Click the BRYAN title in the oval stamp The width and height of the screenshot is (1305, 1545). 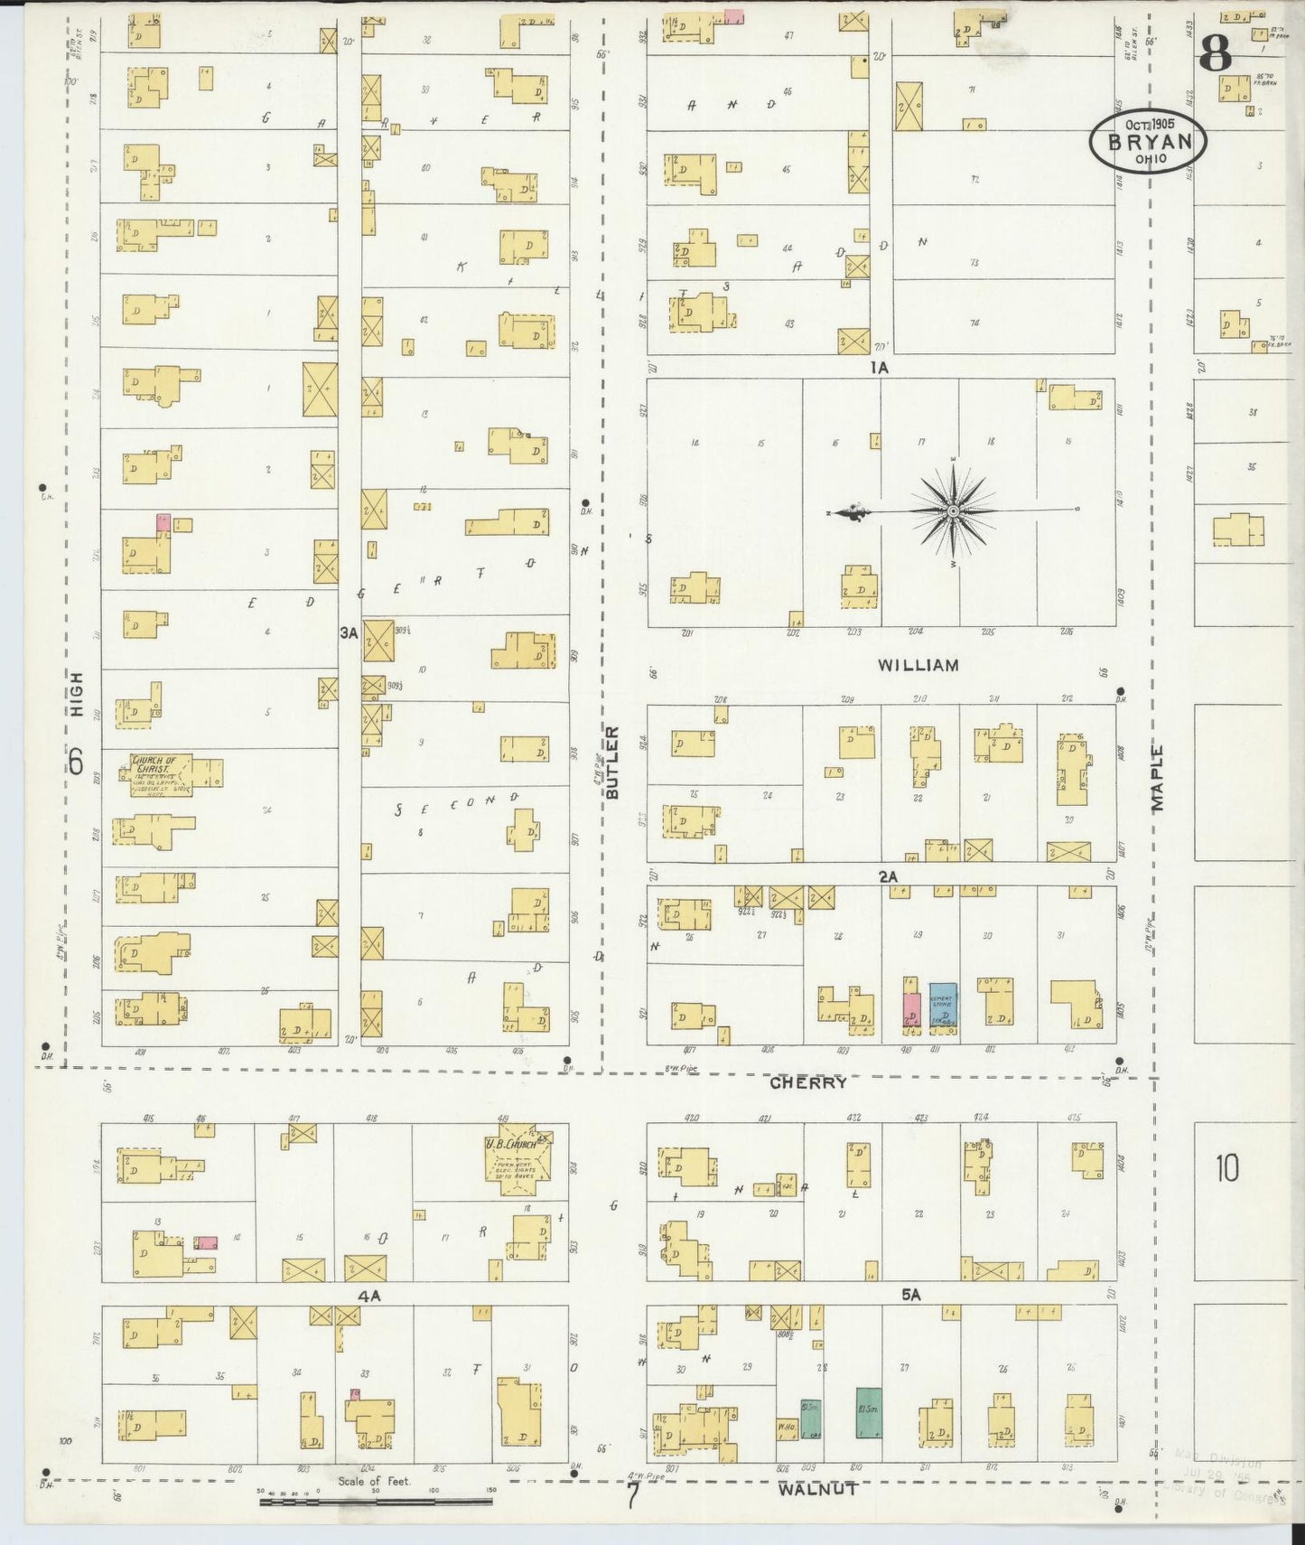[1147, 142]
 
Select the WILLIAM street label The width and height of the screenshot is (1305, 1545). [918, 665]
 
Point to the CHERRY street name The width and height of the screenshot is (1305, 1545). [808, 1081]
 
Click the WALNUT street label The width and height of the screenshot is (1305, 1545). [817, 1489]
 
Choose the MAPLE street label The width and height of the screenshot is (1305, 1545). [1159, 778]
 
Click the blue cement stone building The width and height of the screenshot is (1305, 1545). [943, 1008]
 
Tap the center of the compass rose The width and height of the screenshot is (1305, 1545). [953, 511]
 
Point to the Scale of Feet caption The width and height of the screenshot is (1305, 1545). [374, 1481]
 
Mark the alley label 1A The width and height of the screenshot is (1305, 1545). [879, 368]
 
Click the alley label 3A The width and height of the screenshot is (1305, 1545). [349, 633]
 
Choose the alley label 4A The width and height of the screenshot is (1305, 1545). [369, 1296]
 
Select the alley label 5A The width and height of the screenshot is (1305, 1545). [910, 1295]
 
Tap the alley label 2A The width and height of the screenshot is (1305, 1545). [888, 876]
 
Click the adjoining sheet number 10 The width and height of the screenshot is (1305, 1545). [1226, 1168]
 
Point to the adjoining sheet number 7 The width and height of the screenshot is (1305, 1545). [633, 1497]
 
